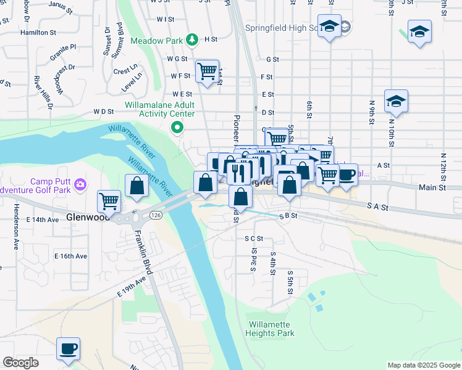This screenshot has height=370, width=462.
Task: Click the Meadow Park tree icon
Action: tap(192, 40)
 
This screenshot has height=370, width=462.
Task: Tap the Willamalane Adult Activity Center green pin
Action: tap(177, 128)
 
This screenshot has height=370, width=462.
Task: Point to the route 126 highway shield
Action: tap(155, 215)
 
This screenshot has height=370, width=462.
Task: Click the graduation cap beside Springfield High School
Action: tap(329, 27)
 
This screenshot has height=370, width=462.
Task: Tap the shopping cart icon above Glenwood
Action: tap(109, 200)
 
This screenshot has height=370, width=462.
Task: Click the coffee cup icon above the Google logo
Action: tap(68, 348)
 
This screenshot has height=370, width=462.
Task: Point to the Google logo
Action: tap(21, 363)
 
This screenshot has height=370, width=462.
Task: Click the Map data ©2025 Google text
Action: tap(424, 365)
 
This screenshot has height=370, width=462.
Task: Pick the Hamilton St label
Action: tap(38, 32)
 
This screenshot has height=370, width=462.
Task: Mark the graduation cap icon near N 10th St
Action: tap(396, 100)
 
